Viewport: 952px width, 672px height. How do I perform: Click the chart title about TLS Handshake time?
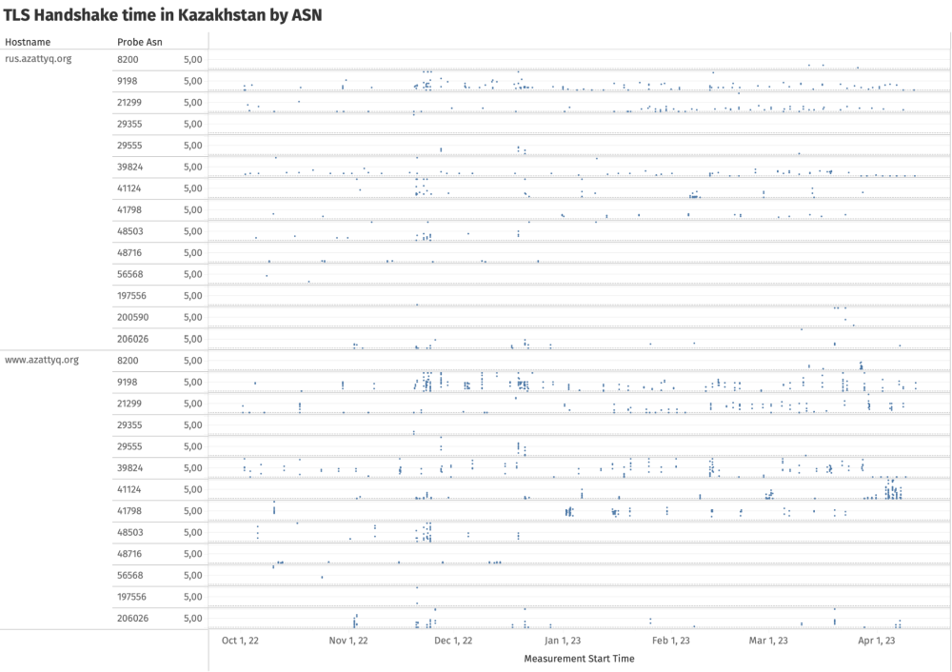coord(163,15)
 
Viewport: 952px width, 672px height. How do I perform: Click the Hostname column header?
coord(28,42)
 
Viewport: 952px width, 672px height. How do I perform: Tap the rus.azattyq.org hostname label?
coord(38,59)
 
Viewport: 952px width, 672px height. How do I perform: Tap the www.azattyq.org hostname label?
coord(42,361)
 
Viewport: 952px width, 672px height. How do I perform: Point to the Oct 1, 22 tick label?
coord(240,641)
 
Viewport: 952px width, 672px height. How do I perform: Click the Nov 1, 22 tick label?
coord(348,641)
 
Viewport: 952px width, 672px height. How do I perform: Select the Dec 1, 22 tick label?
coord(453,641)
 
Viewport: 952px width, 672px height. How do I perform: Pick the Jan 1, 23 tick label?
coord(562,641)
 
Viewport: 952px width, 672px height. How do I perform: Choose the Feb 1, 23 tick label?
coord(670,641)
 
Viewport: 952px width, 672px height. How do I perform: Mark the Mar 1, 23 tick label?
coord(768,641)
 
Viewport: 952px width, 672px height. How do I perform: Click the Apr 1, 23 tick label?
coord(877,641)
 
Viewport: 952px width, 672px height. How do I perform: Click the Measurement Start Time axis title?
coord(579,659)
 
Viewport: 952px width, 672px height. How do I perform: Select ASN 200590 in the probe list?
coord(132,317)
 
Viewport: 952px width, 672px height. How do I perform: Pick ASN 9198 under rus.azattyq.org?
coord(127,81)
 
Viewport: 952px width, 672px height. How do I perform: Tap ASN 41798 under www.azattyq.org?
coord(129,511)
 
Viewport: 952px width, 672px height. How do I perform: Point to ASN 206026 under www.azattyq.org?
coord(132,619)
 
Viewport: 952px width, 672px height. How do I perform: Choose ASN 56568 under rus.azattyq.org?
coord(129,274)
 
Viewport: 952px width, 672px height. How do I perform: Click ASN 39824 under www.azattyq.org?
coord(129,468)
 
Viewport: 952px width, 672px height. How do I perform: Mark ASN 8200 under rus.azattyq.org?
coord(127,59)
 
